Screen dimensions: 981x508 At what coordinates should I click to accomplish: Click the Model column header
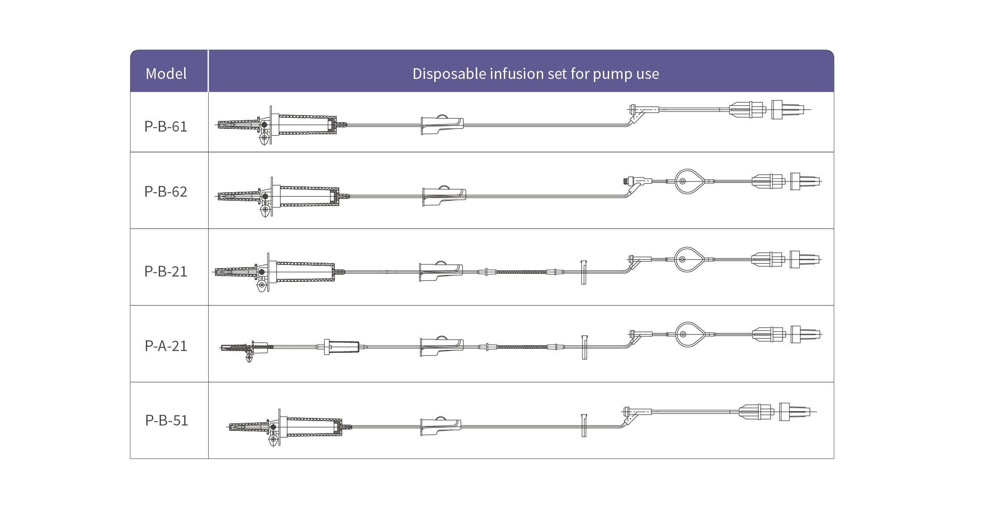(166, 74)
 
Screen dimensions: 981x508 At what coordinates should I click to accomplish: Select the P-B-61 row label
(166, 127)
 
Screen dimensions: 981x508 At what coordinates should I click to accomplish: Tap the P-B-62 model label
(166, 192)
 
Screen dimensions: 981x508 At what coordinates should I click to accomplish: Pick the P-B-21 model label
(166, 272)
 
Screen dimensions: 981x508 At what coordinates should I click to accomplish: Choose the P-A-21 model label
(166, 346)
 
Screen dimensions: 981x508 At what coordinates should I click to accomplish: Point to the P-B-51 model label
(167, 421)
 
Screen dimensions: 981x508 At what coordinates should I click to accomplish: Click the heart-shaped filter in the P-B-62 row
(689, 182)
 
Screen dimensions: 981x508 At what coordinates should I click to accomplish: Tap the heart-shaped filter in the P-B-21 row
(688, 260)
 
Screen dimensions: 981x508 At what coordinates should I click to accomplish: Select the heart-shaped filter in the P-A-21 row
(689, 335)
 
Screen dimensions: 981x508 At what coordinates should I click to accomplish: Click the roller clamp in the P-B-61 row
(442, 124)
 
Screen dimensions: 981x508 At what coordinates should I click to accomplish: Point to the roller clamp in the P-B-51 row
(441, 426)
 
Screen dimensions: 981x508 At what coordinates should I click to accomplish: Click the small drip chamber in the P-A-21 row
(342, 347)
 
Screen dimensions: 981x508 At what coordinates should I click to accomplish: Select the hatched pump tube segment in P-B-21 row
(521, 272)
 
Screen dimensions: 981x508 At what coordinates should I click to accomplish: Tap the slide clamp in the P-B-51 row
(584, 425)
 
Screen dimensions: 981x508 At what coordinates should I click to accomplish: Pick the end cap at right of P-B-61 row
(787, 109)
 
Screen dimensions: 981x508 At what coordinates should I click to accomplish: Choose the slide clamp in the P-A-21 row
(585, 347)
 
